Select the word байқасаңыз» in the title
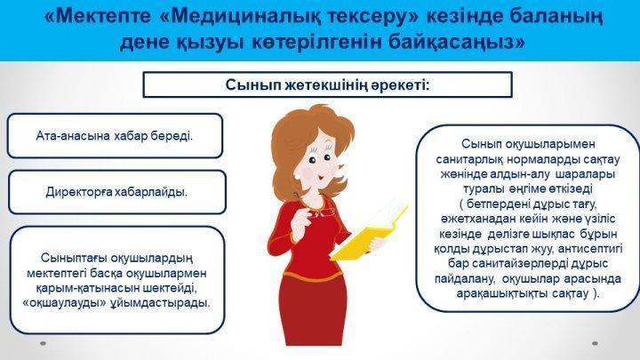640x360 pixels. point(457,43)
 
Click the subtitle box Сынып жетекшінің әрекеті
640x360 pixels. point(327,85)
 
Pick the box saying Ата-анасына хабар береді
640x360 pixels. point(115,136)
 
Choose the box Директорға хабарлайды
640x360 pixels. point(116,192)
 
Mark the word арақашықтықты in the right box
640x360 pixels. point(502,293)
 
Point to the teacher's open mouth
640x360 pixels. point(321,178)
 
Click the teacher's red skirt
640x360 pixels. point(315,309)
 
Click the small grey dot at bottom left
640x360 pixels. point(43,343)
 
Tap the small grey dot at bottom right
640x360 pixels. point(595,343)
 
